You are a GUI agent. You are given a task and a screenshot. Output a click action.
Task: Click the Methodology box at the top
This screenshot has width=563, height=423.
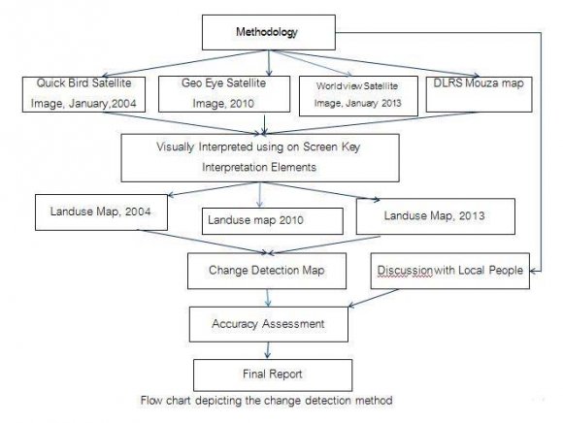pos(269,32)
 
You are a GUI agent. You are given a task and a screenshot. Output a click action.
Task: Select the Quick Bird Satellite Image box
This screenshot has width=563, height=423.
pos(83,94)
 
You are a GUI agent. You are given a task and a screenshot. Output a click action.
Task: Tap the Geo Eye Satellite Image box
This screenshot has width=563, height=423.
pos(224,94)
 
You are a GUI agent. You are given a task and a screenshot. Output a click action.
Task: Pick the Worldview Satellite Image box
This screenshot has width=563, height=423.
pos(358,96)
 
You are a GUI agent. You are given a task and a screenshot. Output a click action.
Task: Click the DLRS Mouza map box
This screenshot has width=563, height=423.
pos(479,94)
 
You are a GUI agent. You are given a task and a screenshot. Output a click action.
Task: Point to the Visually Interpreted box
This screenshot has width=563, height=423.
pos(260,158)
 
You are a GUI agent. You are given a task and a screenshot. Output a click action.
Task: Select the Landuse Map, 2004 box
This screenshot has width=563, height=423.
pos(101,212)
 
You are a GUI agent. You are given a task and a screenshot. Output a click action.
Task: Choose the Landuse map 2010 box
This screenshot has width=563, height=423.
pos(273,221)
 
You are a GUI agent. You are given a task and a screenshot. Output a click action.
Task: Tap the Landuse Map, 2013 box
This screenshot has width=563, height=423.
pos(436,216)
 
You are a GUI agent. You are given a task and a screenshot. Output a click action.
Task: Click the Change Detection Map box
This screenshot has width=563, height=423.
pos(267,271)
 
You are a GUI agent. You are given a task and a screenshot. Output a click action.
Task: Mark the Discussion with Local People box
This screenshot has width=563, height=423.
pos(449,271)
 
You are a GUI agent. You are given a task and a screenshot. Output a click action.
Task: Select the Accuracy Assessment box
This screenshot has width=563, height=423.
pos(269,324)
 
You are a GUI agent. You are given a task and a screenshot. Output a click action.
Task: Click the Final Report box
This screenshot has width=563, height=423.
pos(273,375)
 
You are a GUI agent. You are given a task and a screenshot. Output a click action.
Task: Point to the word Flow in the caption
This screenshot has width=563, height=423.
pos(151,400)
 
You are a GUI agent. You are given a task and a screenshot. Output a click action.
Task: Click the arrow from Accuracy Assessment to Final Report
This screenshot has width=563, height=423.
pos(268,350)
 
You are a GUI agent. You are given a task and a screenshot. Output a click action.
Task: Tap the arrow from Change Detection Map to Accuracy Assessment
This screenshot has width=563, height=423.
pos(268,298)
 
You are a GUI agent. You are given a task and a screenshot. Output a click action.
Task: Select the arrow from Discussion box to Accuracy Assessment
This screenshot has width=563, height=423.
pos(374,298)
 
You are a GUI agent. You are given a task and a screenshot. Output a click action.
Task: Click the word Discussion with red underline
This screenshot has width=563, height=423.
pos(405,271)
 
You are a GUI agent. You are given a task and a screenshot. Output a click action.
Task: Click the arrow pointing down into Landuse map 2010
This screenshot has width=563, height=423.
pos(260,195)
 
